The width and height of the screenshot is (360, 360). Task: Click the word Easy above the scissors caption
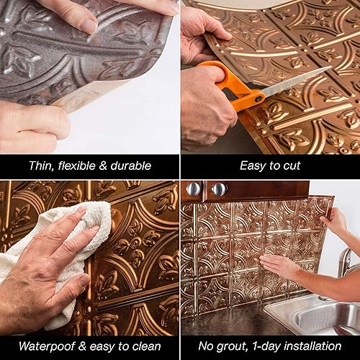tap(253, 166)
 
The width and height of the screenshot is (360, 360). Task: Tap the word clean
tap(153, 346)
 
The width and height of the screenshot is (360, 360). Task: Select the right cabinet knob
tap(220, 189)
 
